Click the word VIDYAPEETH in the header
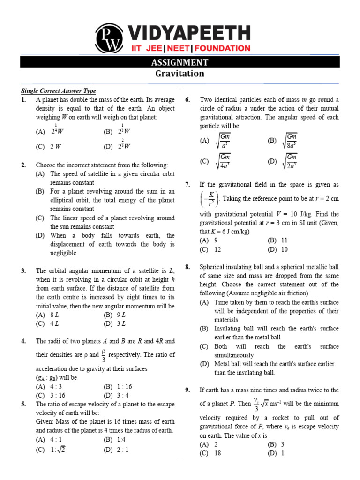187,34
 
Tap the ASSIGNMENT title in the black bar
180,63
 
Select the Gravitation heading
180,74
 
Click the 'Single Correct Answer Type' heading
59,91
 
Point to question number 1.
23,100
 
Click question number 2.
23,165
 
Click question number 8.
187,267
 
